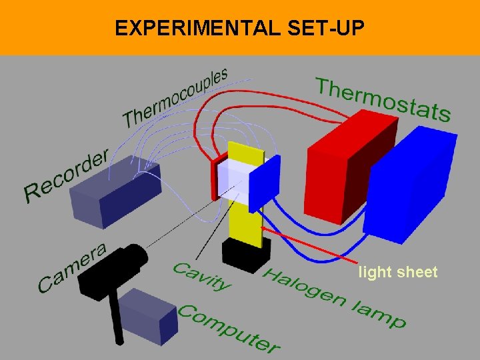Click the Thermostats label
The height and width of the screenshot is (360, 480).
click(383, 99)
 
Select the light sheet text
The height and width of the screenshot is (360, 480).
click(398, 272)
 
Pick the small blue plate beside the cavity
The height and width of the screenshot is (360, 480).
click(263, 183)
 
